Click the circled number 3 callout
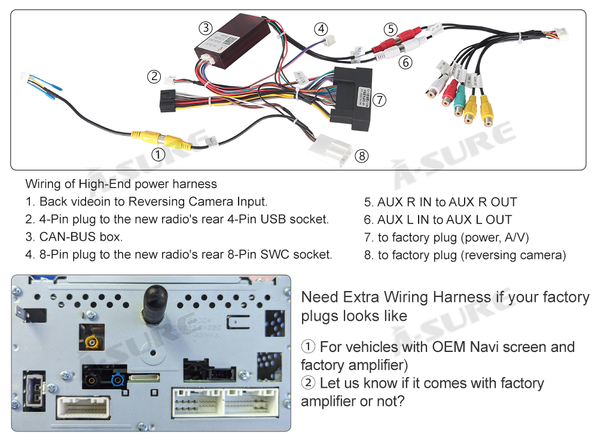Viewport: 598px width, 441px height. point(206,27)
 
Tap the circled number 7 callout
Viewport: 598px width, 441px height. point(380,100)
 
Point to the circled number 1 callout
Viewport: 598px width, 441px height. point(158,155)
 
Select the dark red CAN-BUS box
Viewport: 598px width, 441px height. point(228,44)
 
